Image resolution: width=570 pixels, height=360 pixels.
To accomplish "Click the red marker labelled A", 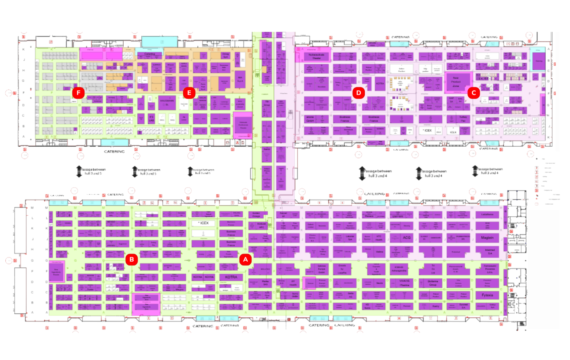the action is (245, 260).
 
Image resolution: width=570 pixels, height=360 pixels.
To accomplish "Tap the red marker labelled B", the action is (132, 260).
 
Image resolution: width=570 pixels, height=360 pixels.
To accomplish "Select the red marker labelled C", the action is (473, 93).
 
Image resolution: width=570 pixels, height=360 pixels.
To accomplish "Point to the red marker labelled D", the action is (359, 93).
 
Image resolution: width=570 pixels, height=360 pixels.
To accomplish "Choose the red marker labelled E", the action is (189, 93).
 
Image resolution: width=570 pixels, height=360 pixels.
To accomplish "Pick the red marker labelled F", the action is (78, 93).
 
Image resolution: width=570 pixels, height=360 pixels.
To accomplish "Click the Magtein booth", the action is (487, 238).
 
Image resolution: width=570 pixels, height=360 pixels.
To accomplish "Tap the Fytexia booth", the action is (487, 295).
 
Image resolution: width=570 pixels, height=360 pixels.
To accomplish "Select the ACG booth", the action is (406, 238).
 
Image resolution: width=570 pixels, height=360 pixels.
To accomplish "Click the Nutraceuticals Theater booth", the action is (316, 56).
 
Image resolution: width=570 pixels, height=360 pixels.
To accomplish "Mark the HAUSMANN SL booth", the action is (167, 102).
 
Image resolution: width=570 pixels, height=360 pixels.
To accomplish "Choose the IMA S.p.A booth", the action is (240, 79).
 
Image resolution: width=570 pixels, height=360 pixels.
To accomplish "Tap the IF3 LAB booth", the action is (151, 119).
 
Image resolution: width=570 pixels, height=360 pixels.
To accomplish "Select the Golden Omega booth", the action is (256, 215).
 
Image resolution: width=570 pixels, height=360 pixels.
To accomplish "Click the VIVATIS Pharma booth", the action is (404, 283).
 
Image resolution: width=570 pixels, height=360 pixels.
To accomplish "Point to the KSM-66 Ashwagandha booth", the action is (399, 269).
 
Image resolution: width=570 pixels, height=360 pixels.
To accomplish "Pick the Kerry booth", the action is (436, 306).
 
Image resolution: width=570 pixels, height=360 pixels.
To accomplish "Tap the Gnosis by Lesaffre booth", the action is (342, 269).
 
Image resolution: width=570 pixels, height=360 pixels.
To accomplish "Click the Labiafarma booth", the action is (487, 215).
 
